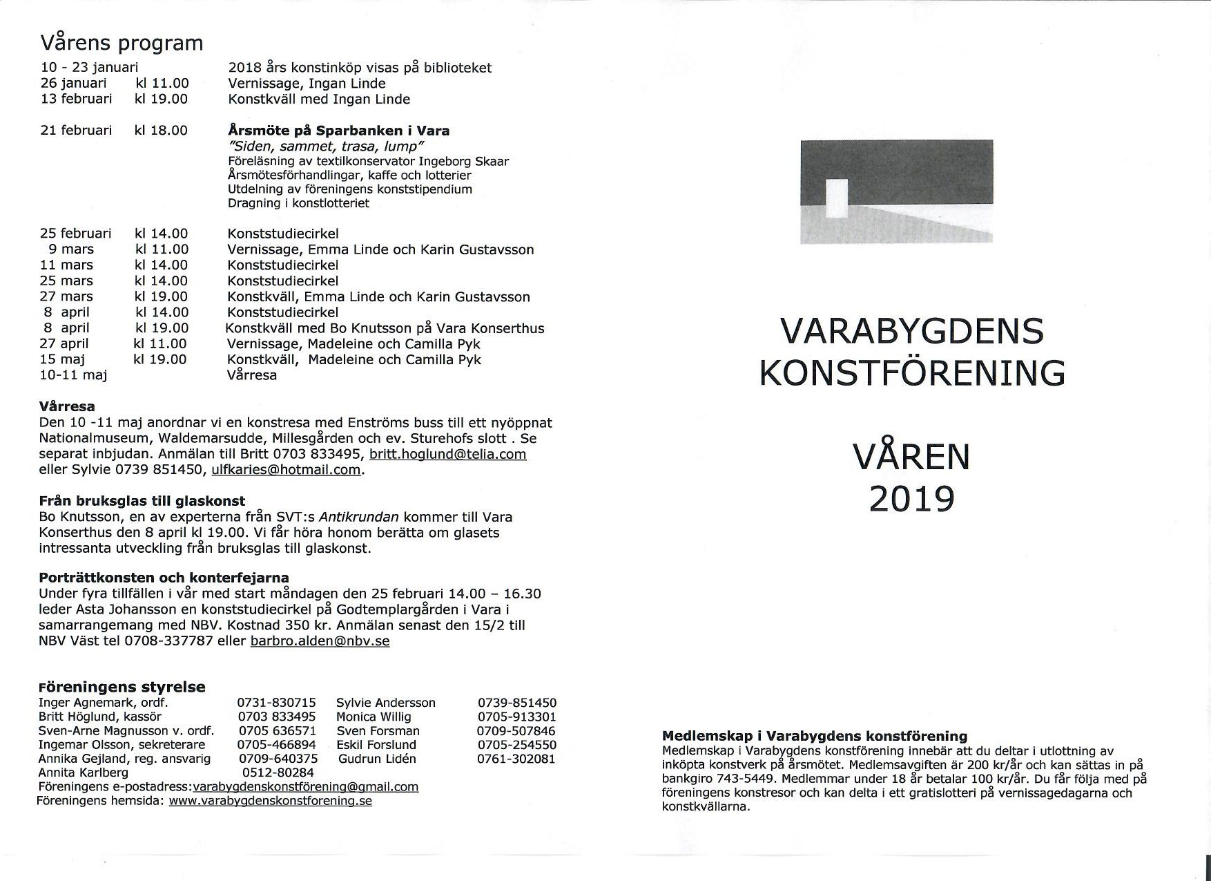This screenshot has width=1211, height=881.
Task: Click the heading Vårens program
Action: pyautogui.click(x=122, y=43)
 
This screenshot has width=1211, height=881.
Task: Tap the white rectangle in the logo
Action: pyautogui.click(x=836, y=199)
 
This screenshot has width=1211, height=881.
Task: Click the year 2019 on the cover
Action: pyautogui.click(x=911, y=499)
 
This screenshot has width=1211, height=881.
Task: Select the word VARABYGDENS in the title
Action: pyautogui.click(x=911, y=332)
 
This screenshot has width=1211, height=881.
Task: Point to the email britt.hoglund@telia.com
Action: pyautogui.click(x=447, y=454)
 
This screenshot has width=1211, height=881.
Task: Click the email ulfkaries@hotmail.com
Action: pyautogui.click(x=286, y=470)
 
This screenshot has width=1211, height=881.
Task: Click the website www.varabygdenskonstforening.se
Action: pyautogui.click(x=270, y=801)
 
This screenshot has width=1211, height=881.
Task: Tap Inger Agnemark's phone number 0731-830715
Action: pyautogui.click(x=276, y=703)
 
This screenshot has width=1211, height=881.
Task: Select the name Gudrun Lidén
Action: pyautogui.click(x=377, y=759)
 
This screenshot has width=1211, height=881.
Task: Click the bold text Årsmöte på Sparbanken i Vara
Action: pyautogui.click(x=338, y=131)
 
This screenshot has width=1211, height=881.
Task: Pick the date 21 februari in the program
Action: pyautogui.click(x=76, y=131)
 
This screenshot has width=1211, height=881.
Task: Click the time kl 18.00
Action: pyautogui.click(x=161, y=131)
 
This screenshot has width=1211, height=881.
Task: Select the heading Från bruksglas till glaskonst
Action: pyautogui.click(x=142, y=501)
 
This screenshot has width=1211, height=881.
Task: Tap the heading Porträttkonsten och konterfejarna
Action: pyautogui.click(x=164, y=578)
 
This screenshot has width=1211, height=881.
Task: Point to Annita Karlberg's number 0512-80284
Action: pyautogui.click(x=276, y=773)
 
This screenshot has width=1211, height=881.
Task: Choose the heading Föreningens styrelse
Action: pyautogui.click(x=122, y=687)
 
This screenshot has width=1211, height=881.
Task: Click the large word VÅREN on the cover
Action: pyautogui.click(x=911, y=457)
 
